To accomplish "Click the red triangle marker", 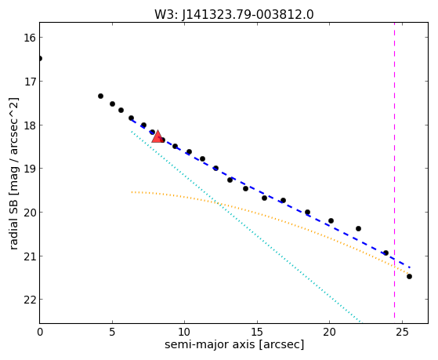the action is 157,136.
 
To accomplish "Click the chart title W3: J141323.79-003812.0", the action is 234,15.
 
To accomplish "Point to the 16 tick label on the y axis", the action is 29,38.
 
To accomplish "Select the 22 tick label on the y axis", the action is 29,300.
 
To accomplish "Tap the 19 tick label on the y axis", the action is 29,169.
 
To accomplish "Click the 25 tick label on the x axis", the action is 402,332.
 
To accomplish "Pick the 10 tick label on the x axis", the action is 184,332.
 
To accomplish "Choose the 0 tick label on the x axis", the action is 40,332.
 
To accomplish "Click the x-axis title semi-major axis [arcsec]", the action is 234,344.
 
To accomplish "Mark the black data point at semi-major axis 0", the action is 40,59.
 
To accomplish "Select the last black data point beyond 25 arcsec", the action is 409,277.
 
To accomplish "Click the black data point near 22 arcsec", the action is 358,228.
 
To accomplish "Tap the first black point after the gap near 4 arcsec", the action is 100,96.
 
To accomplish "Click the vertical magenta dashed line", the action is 394,170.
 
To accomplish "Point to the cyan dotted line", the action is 246,227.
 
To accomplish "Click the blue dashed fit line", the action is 270,194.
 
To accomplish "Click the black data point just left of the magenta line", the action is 386,253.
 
